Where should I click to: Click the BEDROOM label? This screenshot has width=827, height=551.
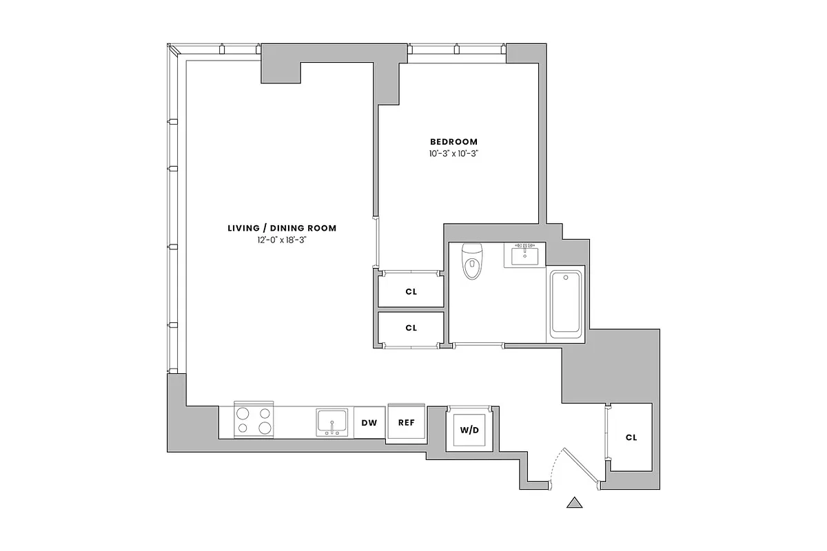[453, 142]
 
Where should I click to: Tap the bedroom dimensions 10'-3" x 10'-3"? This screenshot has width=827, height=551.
[453, 154]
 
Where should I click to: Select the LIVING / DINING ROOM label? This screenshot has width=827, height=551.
[282, 228]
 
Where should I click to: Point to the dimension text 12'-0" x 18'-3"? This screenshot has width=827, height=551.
[282, 240]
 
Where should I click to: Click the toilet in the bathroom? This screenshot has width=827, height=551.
[472, 262]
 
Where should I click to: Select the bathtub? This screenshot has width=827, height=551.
[566, 304]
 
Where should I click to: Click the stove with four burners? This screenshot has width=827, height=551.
[254, 420]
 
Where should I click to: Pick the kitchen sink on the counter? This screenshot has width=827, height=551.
[332, 422]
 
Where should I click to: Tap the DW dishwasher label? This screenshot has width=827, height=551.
[369, 423]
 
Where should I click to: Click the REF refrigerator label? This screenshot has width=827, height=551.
[407, 423]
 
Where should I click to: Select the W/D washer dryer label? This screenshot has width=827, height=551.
[469, 430]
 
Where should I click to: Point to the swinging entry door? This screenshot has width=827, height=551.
[578, 466]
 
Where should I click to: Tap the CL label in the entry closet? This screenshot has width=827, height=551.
[631, 437]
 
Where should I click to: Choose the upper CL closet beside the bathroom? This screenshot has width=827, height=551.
[411, 291]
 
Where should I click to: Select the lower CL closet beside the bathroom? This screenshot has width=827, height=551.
[411, 328]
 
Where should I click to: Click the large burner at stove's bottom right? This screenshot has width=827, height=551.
[265, 428]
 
